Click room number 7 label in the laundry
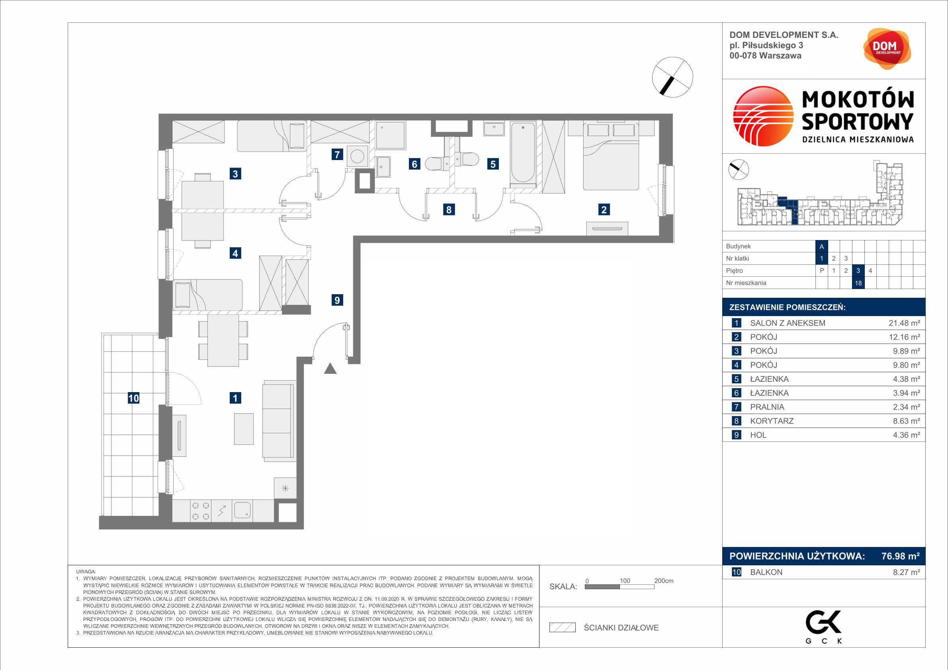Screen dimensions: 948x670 (337, 154)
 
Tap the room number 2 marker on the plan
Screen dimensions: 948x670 (604, 210)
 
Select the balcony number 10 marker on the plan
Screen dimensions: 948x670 (133, 398)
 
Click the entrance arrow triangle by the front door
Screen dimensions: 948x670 (330, 368)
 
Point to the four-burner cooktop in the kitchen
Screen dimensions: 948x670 (201, 511)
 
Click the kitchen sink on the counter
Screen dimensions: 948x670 (242, 510)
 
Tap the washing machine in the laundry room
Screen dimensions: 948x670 (357, 156)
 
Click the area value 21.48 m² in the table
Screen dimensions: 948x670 (904, 323)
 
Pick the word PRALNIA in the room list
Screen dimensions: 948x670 (767, 407)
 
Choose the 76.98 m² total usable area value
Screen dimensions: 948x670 (901, 556)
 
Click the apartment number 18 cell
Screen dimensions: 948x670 (858, 283)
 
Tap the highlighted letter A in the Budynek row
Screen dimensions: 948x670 (822, 246)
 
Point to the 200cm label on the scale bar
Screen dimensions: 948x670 (664, 581)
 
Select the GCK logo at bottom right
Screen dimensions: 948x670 (824, 626)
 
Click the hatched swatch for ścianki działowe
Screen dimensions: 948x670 (562, 627)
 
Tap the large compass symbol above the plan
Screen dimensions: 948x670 (672, 77)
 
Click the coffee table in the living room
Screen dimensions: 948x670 (244, 429)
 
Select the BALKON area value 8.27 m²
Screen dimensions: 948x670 (906, 572)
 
